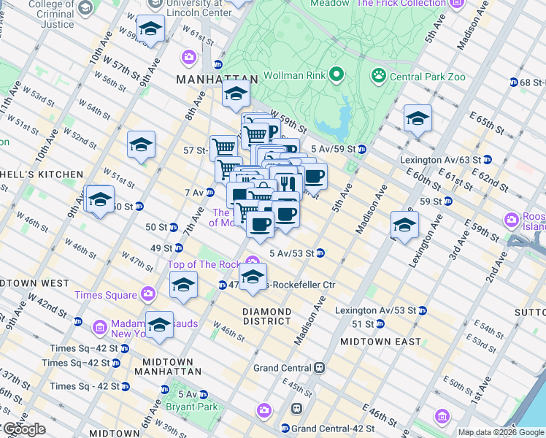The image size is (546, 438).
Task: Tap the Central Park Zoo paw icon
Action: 378,74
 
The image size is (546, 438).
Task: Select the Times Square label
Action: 105,295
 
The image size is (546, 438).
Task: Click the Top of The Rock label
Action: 204,264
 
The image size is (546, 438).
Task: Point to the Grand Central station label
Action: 283,368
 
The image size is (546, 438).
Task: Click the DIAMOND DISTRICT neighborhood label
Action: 267,317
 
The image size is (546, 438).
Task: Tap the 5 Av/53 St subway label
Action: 292,253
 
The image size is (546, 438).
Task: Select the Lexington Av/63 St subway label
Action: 440,160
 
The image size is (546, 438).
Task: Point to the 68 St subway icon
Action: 514,82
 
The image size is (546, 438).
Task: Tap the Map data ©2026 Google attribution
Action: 501,432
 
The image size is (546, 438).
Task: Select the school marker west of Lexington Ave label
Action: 404,224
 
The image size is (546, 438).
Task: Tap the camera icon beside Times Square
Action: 148,294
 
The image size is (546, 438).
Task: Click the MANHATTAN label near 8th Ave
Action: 217,79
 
